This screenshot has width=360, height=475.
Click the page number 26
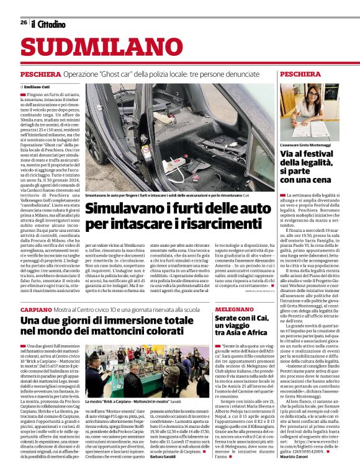pyautogui.click(x=24, y=22)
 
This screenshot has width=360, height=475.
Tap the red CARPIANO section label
pyautogui.click(x=35, y=308)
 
